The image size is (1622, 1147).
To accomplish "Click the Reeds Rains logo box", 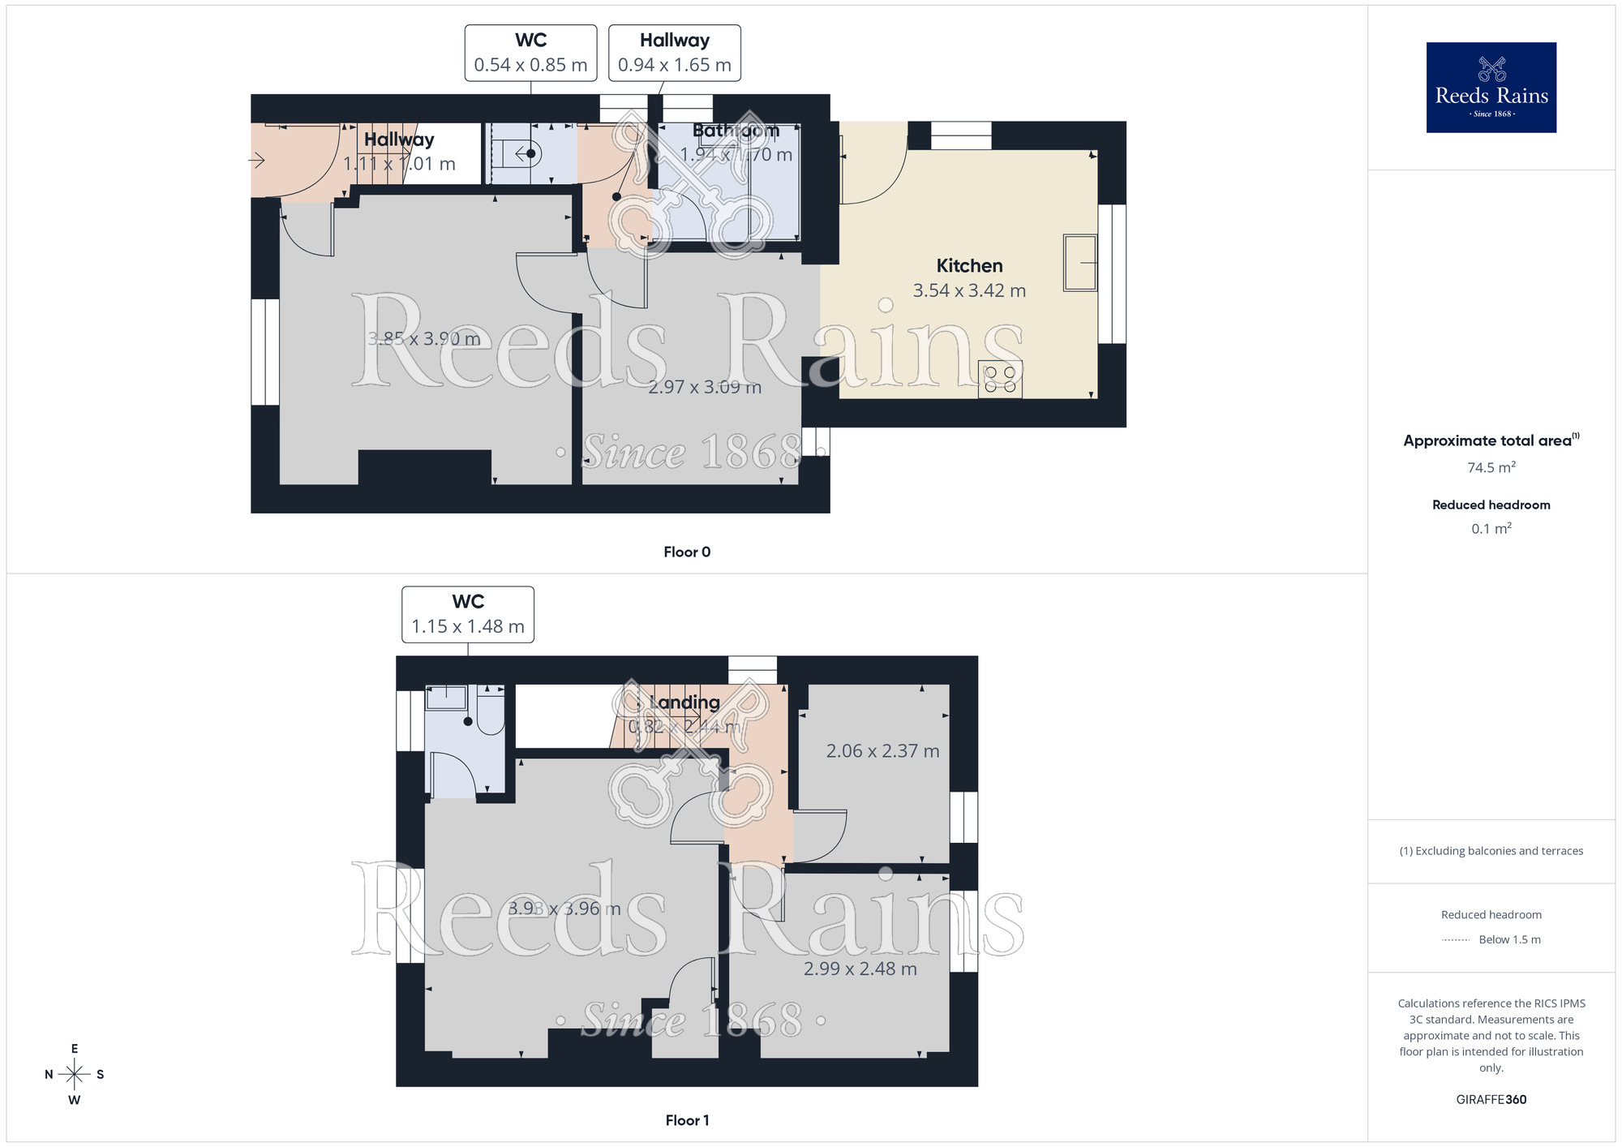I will coord(1491,88).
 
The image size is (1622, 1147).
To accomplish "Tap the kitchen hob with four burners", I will coord(999,379).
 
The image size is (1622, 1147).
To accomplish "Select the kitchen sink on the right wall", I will coord(1079,263).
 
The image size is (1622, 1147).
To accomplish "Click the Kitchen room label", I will coord(969,266).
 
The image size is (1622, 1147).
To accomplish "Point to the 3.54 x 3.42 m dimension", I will coord(969,290).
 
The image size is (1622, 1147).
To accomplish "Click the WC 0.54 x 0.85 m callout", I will coord(530,53).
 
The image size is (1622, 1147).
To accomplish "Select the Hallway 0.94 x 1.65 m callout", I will coord(674,53).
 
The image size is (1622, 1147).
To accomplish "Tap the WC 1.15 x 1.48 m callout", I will coord(468,614).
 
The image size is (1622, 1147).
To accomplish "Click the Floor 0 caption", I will coord(687,552).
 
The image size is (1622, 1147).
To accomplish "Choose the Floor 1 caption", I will coord(687,1120).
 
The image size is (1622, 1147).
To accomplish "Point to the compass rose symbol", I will coord(75,1075).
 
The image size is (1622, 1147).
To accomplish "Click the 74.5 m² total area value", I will coord(1491,467).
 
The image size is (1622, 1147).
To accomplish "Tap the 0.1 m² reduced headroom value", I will coord(1491,529).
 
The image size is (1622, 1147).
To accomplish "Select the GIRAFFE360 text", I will coord(1491,1100).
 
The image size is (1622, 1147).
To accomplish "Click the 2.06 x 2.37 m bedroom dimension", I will coord(882,751).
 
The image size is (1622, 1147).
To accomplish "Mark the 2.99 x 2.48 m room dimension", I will coord(860,969).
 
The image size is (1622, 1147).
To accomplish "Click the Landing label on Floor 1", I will coord(684,702).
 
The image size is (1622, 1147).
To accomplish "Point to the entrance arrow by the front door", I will coord(256,161).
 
